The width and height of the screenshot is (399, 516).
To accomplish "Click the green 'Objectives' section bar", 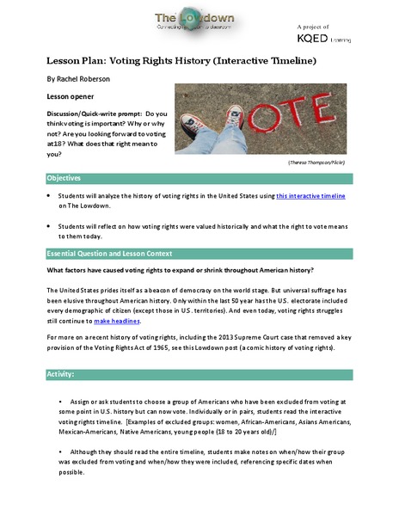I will [x=199, y=178].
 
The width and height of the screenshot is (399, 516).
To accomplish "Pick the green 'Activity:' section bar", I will [x=199, y=376].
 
